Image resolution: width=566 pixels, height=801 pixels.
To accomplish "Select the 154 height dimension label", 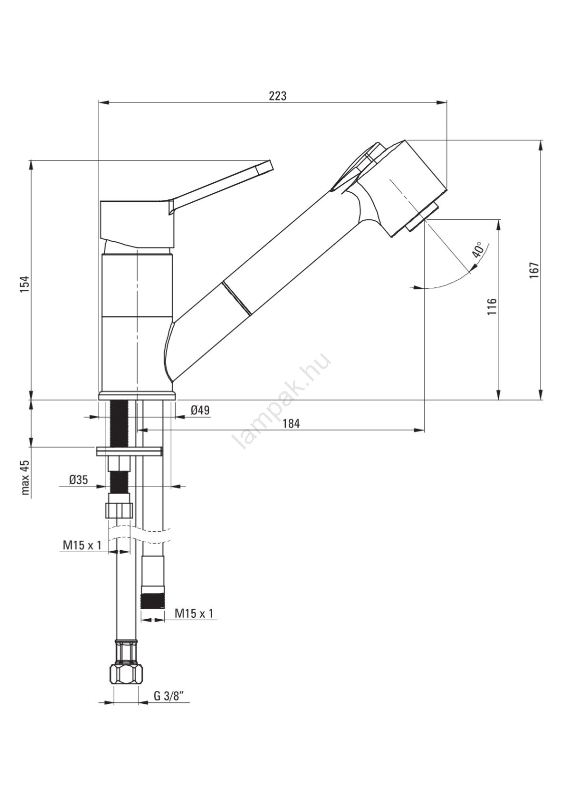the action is tap(25, 284).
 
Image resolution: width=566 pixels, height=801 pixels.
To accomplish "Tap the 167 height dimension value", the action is tap(534, 270).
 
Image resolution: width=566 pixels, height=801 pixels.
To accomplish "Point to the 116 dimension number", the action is tap(492, 306).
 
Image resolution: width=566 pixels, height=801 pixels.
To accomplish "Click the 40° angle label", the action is tap(478, 249).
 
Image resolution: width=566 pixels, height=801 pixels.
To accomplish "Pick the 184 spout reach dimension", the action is tap(291, 424).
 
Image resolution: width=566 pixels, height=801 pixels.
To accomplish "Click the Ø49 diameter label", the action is tap(200, 410).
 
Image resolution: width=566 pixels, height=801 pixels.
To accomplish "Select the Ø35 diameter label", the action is tap(78, 480).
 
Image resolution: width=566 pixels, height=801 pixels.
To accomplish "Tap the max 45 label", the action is tap(25, 477).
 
